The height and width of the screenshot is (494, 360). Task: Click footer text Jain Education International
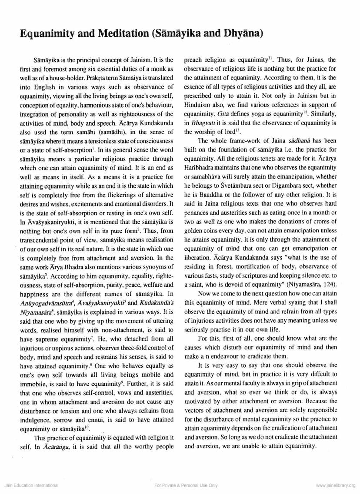(31, 485)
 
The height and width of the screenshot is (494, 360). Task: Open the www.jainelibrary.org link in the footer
(336, 485)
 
